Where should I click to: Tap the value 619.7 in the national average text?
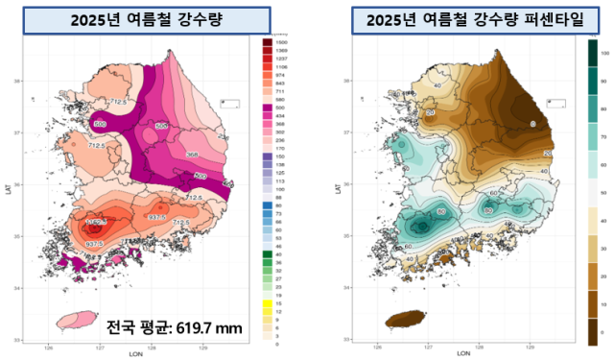(x=194, y=328)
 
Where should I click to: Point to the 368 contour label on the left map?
(x=192, y=154)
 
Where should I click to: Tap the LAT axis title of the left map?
(x=8, y=189)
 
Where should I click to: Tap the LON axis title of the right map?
(x=463, y=354)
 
